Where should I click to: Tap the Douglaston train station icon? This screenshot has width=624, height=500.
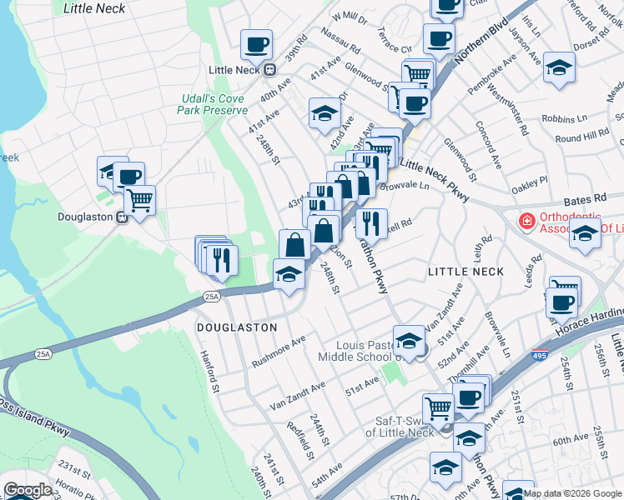[x=122, y=217]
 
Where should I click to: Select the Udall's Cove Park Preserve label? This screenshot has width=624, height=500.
[x=214, y=104]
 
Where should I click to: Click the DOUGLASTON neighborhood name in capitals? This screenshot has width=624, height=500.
[x=237, y=327]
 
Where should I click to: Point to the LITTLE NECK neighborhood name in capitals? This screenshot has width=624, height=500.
[x=465, y=272]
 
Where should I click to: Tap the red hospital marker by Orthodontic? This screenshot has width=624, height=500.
[x=526, y=222]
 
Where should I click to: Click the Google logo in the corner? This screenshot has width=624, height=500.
[x=28, y=491]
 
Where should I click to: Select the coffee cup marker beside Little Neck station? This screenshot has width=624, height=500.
[x=256, y=44]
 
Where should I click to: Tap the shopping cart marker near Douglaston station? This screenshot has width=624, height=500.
[x=139, y=199]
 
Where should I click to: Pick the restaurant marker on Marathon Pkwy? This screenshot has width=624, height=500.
[x=371, y=222]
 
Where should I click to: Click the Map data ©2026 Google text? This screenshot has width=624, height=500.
[x=573, y=493]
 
